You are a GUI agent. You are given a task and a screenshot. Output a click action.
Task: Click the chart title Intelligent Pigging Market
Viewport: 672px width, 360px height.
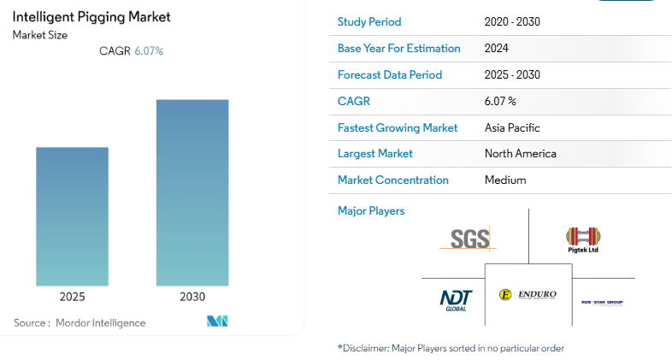pyautogui.click(x=91, y=16)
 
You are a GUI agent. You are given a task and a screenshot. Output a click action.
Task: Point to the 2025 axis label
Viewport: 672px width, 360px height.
pyautogui.click(x=72, y=297)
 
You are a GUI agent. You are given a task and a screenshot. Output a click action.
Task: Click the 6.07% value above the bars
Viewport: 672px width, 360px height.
pyautogui.click(x=149, y=51)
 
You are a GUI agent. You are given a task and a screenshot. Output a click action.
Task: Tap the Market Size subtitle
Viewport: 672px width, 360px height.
pyautogui.click(x=40, y=35)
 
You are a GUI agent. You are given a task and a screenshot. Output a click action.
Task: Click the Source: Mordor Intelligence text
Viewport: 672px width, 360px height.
pyautogui.click(x=80, y=322)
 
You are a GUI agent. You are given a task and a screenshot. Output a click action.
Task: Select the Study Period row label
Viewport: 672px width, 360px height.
pyautogui.click(x=369, y=22)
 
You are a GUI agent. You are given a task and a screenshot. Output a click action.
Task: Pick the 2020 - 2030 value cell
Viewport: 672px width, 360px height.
pyautogui.click(x=511, y=22)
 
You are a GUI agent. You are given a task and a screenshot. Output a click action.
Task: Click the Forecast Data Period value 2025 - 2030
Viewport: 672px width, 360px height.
pyautogui.click(x=511, y=75)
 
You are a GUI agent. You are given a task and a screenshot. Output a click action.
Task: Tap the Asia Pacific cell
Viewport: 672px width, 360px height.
pyautogui.click(x=511, y=127)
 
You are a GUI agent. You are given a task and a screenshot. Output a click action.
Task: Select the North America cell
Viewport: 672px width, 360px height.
pyautogui.click(x=520, y=154)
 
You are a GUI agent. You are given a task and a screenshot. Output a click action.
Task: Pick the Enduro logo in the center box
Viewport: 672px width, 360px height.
pyautogui.click(x=528, y=295)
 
